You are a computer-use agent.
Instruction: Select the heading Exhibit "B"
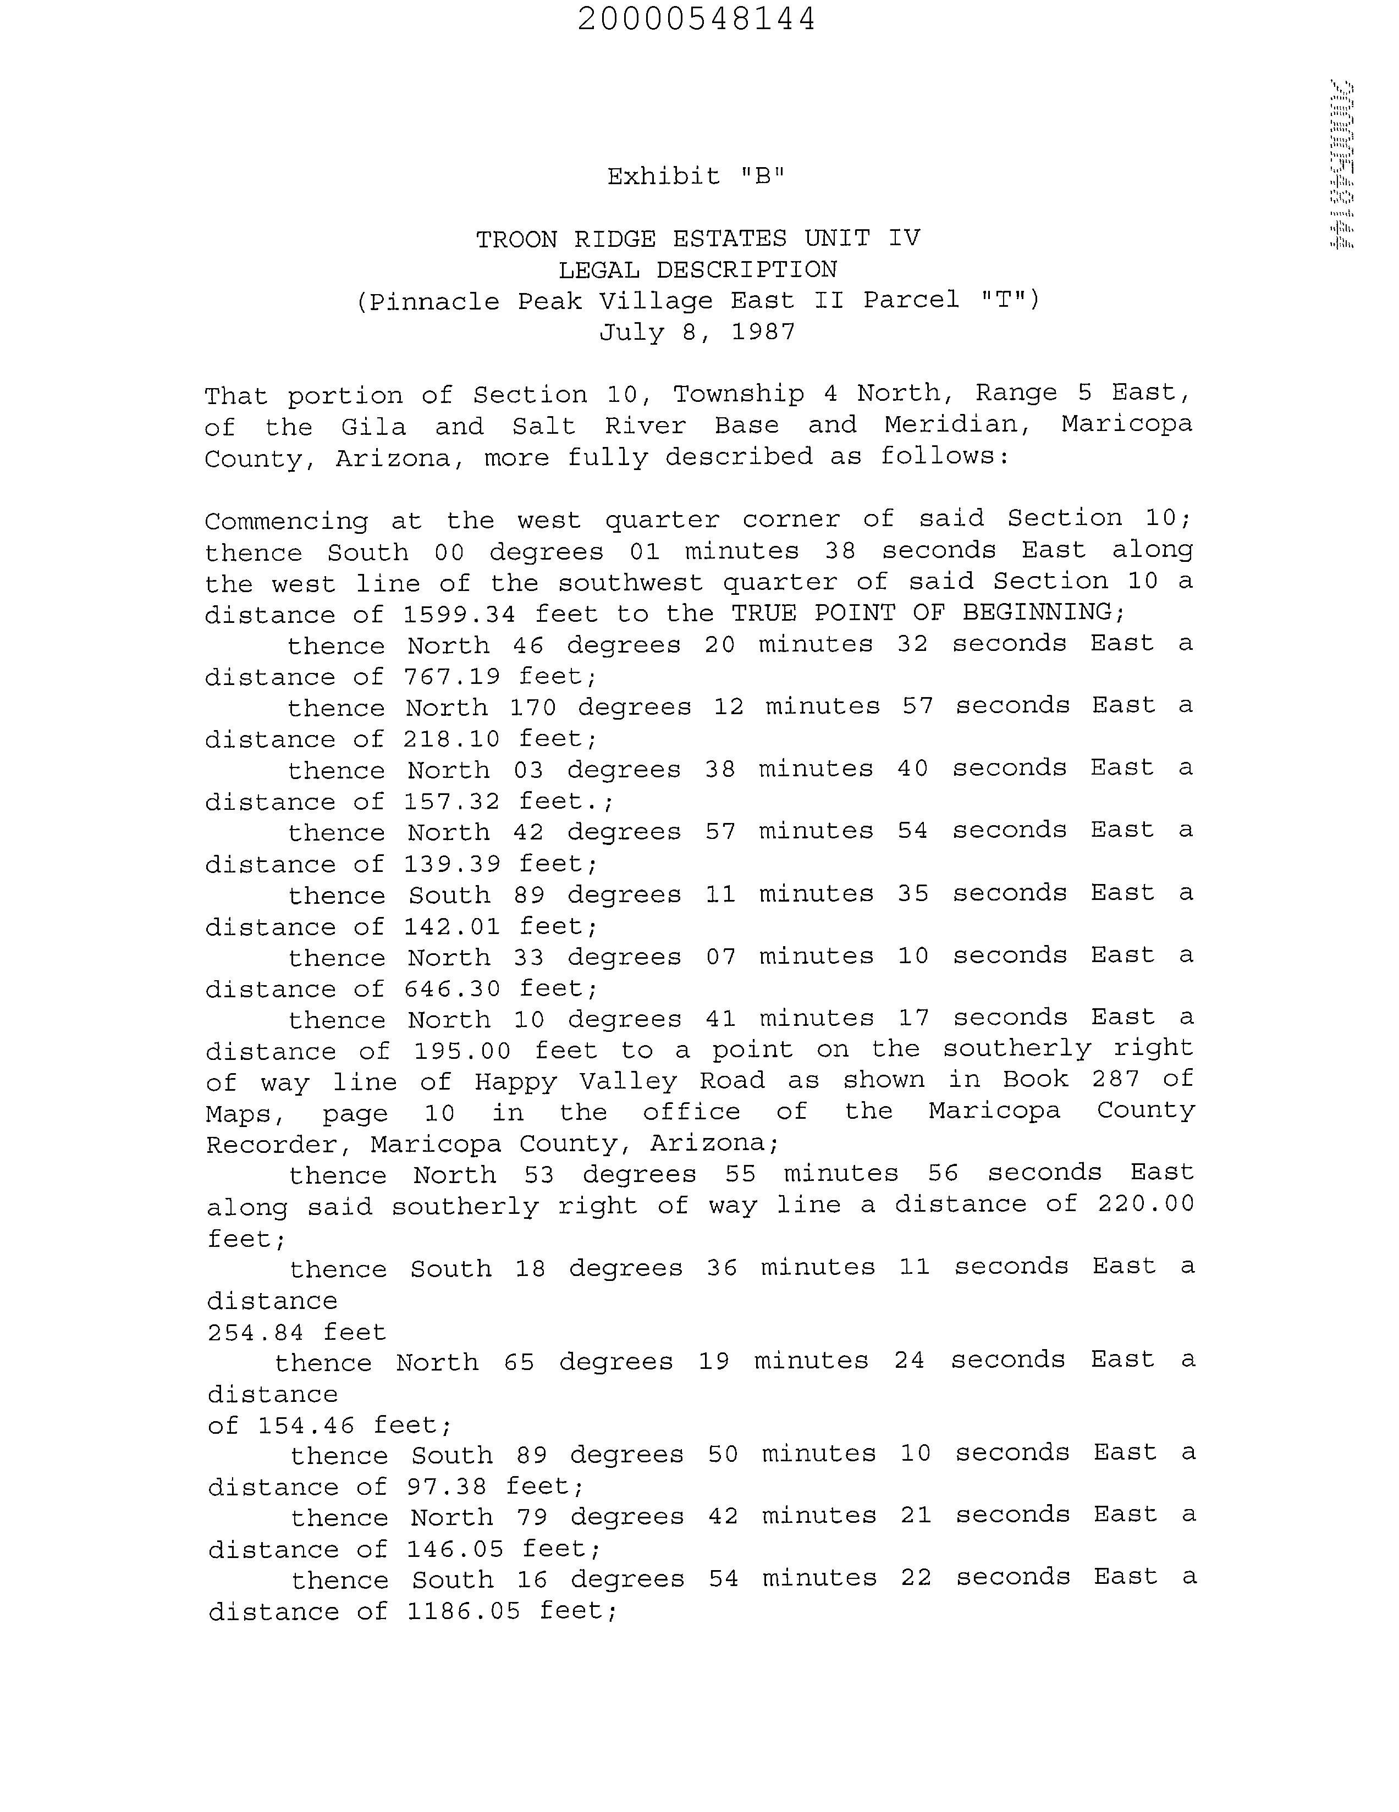click(x=695, y=176)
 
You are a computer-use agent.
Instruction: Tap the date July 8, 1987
click(x=697, y=333)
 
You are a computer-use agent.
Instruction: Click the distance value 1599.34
click(x=459, y=615)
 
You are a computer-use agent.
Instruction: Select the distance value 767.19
click(x=451, y=677)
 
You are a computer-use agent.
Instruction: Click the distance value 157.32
click(x=451, y=802)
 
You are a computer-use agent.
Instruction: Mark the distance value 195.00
click(x=462, y=1051)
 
